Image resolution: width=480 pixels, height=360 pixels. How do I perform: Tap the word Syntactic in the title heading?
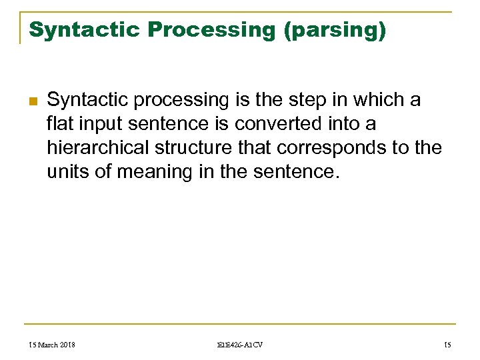[x=84, y=30]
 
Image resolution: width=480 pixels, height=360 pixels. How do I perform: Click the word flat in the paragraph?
[x=61, y=124]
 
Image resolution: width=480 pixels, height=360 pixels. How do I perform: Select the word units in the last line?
[x=65, y=172]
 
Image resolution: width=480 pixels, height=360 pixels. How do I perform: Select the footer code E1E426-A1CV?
[x=240, y=344]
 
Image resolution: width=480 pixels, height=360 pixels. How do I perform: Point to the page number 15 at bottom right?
[x=447, y=344]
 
